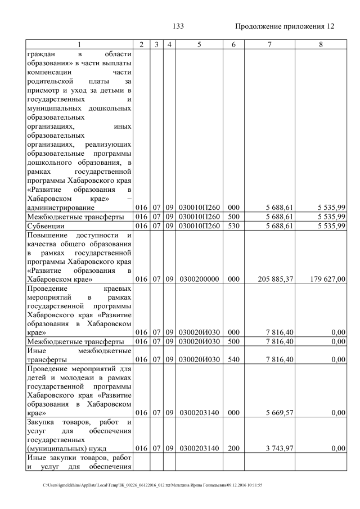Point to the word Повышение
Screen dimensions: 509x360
(48, 235)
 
